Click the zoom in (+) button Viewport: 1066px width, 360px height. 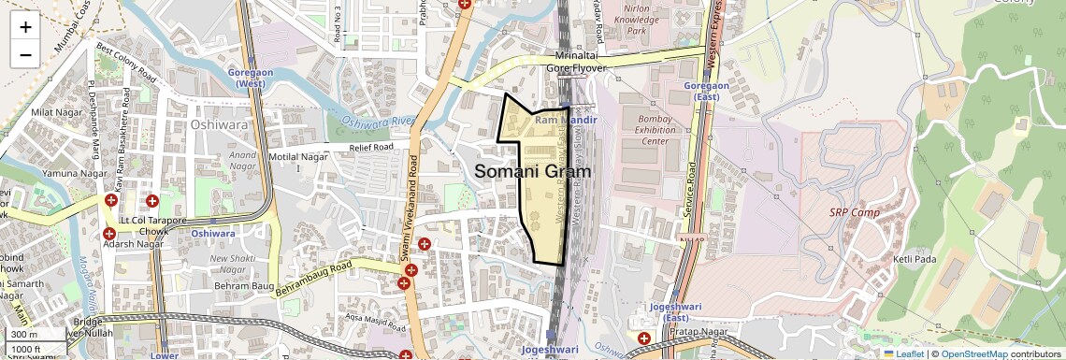coord(25,26)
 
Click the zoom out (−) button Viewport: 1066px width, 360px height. coord(25,54)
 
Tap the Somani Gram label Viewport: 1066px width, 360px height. coord(533,171)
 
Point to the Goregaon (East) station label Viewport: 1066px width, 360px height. coord(713,92)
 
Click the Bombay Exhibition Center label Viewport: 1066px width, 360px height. coord(642,131)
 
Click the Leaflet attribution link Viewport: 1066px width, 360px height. coord(903,353)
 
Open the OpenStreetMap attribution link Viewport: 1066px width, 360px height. coord(973,353)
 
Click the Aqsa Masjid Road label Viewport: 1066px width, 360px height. coord(374,323)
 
